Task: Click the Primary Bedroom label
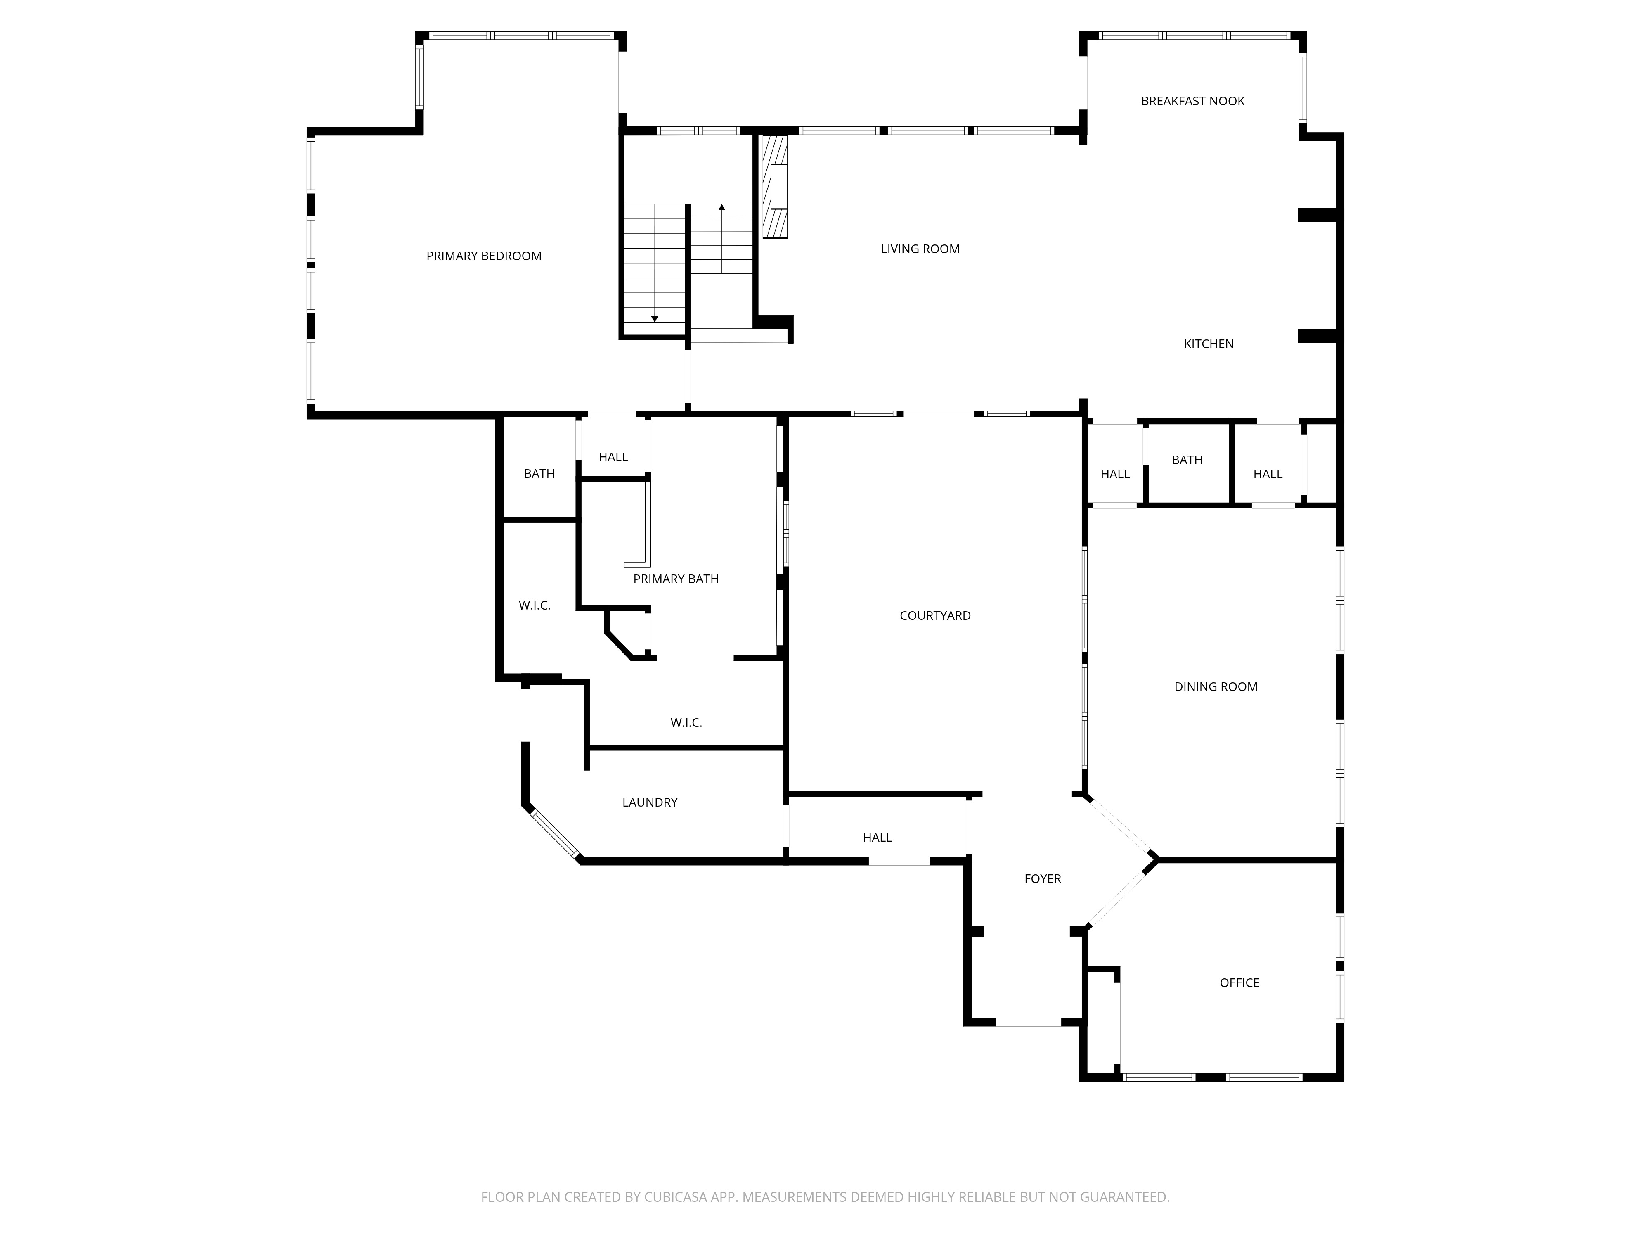click(x=484, y=256)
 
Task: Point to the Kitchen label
click(x=1209, y=344)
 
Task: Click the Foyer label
click(x=1042, y=879)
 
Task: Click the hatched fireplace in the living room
click(x=775, y=187)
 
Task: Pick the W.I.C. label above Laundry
click(x=686, y=723)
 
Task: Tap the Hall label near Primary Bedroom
click(x=613, y=458)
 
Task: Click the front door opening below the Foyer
click(x=1028, y=1022)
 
